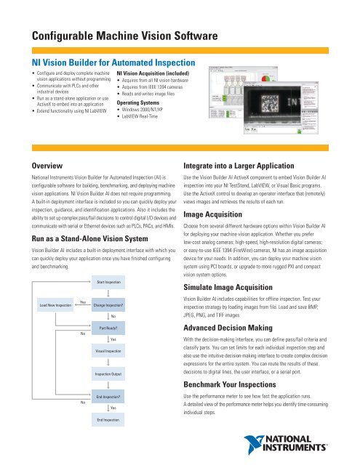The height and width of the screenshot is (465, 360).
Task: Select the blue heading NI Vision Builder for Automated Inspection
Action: coord(114,63)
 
